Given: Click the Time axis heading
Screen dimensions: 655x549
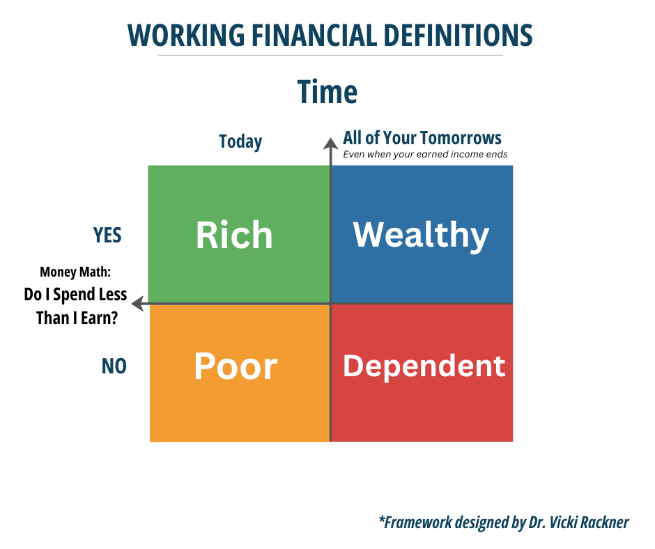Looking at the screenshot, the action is (x=327, y=92).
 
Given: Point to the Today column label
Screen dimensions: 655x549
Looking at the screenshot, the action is (x=240, y=142).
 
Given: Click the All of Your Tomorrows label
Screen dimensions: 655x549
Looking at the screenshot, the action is (x=422, y=138).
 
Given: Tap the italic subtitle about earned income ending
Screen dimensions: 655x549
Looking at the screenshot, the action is (x=425, y=155).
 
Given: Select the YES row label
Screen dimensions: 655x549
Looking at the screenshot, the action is (x=107, y=235).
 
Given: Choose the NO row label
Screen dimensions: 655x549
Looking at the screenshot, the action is (x=114, y=366).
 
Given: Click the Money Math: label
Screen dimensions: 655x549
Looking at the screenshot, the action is (x=75, y=272).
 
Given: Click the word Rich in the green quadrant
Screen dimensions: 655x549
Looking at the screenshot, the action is (x=234, y=235).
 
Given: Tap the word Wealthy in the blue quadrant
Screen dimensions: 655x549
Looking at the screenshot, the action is (x=421, y=235).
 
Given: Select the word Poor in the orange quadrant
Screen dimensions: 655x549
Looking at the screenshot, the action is (x=236, y=366).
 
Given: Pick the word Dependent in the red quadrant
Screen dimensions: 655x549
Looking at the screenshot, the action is (x=424, y=366).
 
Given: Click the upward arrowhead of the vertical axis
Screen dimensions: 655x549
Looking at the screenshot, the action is (x=330, y=143).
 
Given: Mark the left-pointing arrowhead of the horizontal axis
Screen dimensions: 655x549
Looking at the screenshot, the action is (x=137, y=303).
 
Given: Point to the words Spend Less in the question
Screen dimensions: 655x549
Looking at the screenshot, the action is (x=90, y=295).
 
